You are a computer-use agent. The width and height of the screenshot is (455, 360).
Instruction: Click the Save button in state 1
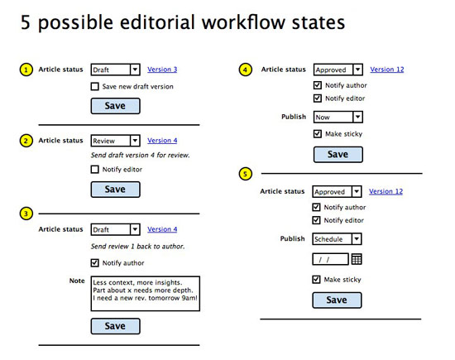pos(116,106)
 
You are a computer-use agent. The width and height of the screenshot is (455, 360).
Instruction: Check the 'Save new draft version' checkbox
pos(94,87)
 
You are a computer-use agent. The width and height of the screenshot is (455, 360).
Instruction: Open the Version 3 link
pos(162,70)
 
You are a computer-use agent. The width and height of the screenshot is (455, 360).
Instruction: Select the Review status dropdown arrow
pos(135,141)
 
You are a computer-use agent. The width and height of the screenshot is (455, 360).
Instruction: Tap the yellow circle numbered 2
pos(26,141)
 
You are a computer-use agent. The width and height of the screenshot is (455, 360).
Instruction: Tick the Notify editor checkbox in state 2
pos(94,170)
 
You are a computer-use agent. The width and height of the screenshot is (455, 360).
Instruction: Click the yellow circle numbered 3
pos(26,214)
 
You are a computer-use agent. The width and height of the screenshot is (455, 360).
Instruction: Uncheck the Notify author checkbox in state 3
pos(94,262)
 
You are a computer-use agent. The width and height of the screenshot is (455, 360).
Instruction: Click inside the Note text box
pos(146,294)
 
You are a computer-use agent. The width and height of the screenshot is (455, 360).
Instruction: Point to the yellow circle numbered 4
pos(245,70)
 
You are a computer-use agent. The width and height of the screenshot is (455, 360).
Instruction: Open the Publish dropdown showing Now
pos(338,117)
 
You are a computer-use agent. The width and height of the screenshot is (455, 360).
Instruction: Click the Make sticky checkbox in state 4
pos(318,133)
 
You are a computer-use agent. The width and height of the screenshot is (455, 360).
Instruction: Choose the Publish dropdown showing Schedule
pos(337,239)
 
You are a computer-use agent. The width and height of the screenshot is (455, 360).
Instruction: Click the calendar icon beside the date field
pos(357,259)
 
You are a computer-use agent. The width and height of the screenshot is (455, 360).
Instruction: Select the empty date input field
pos(331,259)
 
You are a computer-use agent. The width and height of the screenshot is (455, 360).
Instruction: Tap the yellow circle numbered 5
pos(245,174)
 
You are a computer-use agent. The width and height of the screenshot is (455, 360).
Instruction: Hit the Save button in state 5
pos(337,300)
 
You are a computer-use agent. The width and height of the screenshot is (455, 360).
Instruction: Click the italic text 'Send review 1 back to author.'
pos(138,247)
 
